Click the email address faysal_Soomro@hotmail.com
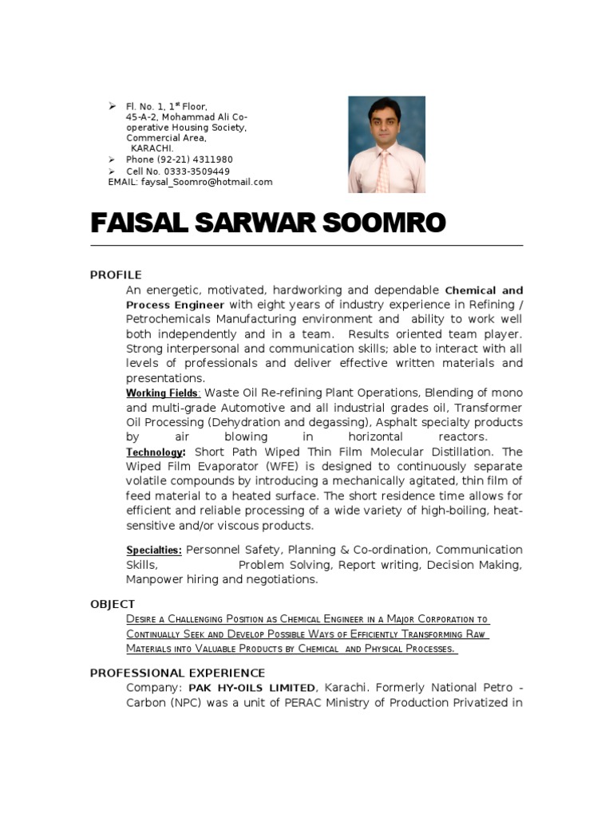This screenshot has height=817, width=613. pos(207,182)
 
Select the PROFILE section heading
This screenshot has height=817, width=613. pos(116,275)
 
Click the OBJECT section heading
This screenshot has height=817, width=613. pos(113,604)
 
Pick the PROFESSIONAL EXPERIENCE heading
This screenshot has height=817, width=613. pos(177,673)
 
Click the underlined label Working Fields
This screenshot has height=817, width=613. pos(162,393)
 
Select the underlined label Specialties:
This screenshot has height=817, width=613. pos(154,551)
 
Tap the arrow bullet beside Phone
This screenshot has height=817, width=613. pos(113,160)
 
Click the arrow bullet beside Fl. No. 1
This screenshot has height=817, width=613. pos(113,106)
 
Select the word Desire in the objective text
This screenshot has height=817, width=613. pos(141,619)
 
